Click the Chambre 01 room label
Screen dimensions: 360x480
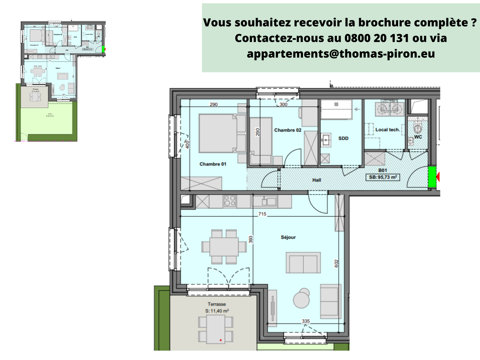pyautogui.click(x=213, y=164)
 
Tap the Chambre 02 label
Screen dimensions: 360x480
pyautogui.click(x=287, y=130)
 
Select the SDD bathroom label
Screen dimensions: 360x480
pyautogui.click(x=343, y=138)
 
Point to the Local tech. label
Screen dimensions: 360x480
pyautogui.click(x=387, y=130)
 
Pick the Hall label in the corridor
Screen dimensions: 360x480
pyautogui.click(x=316, y=180)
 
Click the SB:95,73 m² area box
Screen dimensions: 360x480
pyautogui.click(x=383, y=177)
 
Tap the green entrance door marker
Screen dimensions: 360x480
pyautogui.click(x=432, y=177)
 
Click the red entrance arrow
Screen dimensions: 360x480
pyautogui.click(x=438, y=177)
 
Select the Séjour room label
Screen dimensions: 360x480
pyautogui.click(x=288, y=237)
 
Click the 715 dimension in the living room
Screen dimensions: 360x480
pyautogui.click(x=262, y=214)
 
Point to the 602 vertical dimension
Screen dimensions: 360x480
pyautogui.click(x=336, y=263)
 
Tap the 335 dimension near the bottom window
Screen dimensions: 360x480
pyautogui.click(x=306, y=321)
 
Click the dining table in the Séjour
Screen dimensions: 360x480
pyautogui.click(x=224, y=247)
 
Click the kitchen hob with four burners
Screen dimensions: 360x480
pyautogui.click(x=230, y=201)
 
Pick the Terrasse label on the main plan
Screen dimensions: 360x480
pyautogui.click(x=217, y=304)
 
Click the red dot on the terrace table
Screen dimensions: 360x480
pyautogui.click(x=221, y=340)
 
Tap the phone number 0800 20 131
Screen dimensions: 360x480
pyautogui.click(x=376, y=38)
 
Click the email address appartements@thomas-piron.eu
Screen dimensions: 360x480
pyautogui.click(x=341, y=54)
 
